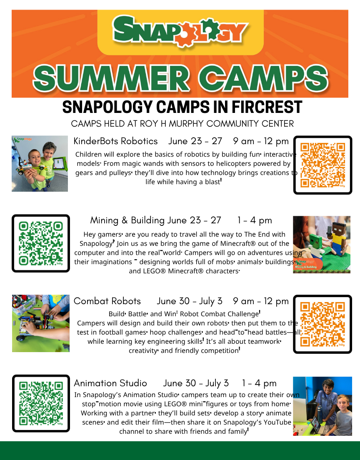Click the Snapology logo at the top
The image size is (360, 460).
(x=180, y=31)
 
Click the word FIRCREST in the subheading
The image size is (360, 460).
(x=267, y=107)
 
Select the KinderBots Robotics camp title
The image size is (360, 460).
(x=115, y=141)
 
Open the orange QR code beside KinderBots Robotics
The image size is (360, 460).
(x=323, y=165)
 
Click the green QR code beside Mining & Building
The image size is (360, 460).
(x=41, y=243)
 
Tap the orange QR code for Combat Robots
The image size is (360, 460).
(x=322, y=324)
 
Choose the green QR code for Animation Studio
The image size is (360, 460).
(x=41, y=403)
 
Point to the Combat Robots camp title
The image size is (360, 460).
(x=107, y=301)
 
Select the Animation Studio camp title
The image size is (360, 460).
(x=110, y=383)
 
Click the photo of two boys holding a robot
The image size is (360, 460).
(x=40, y=163)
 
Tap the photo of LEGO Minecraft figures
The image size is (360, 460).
(x=322, y=245)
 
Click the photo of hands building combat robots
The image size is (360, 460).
(x=41, y=323)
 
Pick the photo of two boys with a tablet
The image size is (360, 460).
(x=322, y=406)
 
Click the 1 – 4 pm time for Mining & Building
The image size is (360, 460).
(x=255, y=220)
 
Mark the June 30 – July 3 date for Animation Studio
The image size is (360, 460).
(x=196, y=383)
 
